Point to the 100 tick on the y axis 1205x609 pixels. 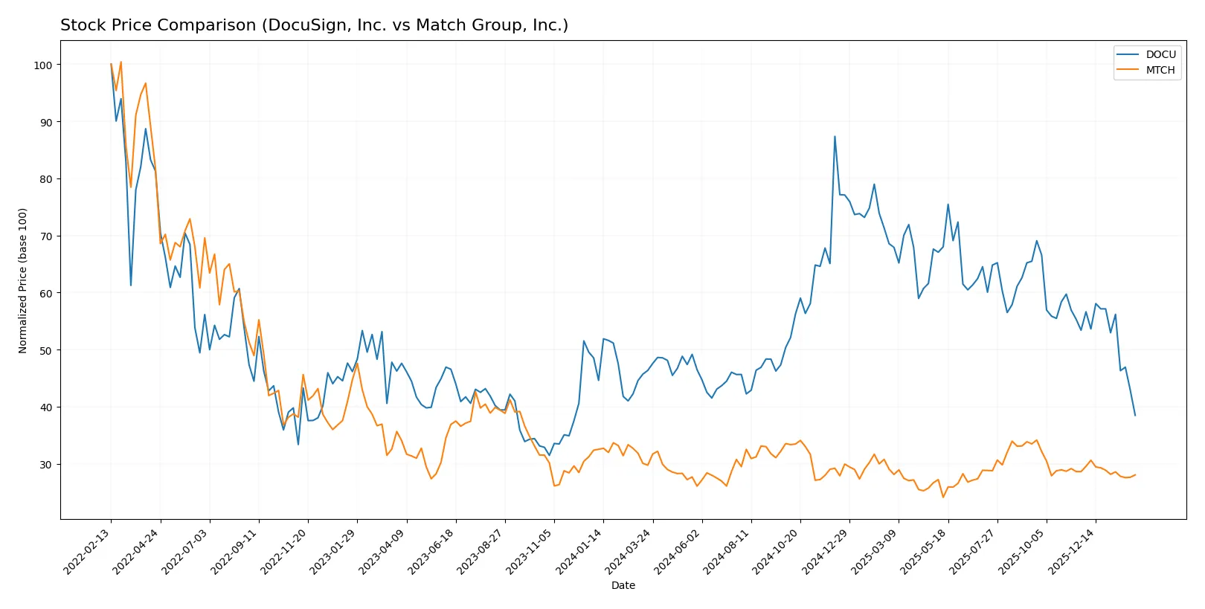pos(43,65)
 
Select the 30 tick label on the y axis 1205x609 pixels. pos(46,465)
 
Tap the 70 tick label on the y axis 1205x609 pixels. pos(46,236)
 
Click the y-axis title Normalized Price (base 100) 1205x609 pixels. pos(23,280)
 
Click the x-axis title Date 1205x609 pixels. pos(623,585)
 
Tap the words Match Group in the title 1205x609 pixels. pos(460,25)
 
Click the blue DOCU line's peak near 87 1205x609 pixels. pos(835,137)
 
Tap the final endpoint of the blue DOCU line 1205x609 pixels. pos(1135,415)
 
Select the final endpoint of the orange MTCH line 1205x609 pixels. pos(1135,474)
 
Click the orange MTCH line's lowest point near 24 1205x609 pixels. pos(943,497)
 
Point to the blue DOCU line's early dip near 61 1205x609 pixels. pos(131,285)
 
